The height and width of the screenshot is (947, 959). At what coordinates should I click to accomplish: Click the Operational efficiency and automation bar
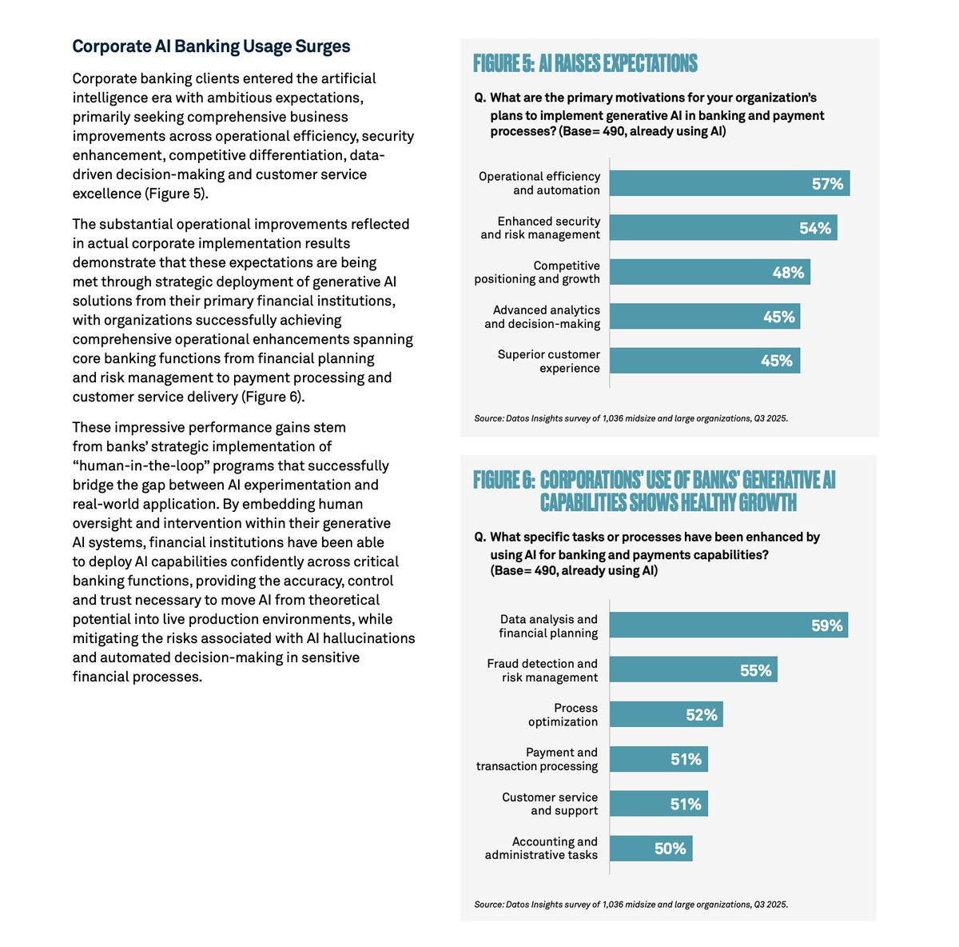[729, 183]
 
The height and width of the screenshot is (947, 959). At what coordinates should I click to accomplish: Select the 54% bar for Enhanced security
[722, 228]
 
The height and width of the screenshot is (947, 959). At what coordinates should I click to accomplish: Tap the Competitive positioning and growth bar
[710, 272]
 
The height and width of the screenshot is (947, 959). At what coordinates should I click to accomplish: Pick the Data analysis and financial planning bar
[728, 625]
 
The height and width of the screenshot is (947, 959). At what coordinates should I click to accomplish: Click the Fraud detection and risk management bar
[693, 670]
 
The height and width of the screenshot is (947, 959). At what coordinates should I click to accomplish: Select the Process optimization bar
[666, 714]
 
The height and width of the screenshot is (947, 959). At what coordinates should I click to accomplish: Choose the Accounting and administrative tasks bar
[651, 848]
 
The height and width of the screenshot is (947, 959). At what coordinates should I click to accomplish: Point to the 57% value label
[827, 184]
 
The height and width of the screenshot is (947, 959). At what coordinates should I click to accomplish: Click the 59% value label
[826, 625]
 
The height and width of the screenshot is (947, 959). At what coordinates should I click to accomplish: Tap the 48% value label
[788, 273]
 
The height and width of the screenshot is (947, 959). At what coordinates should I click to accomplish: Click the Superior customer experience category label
[548, 361]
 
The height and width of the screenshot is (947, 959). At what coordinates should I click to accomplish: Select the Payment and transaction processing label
[537, 759]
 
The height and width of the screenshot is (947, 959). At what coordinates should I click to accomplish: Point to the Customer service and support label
[550, 804]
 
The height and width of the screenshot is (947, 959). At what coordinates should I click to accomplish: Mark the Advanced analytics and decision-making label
[542, 317]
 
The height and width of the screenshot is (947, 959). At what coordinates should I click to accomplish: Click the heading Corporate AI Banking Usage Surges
[211, 46]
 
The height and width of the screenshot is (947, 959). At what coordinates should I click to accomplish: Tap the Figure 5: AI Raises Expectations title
[585, 64]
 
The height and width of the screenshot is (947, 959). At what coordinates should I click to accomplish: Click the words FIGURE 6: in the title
[503, 480]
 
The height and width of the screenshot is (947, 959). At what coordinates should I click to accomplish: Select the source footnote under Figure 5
[631, 418]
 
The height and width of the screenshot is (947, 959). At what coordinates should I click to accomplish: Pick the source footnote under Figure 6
[631, 905]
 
